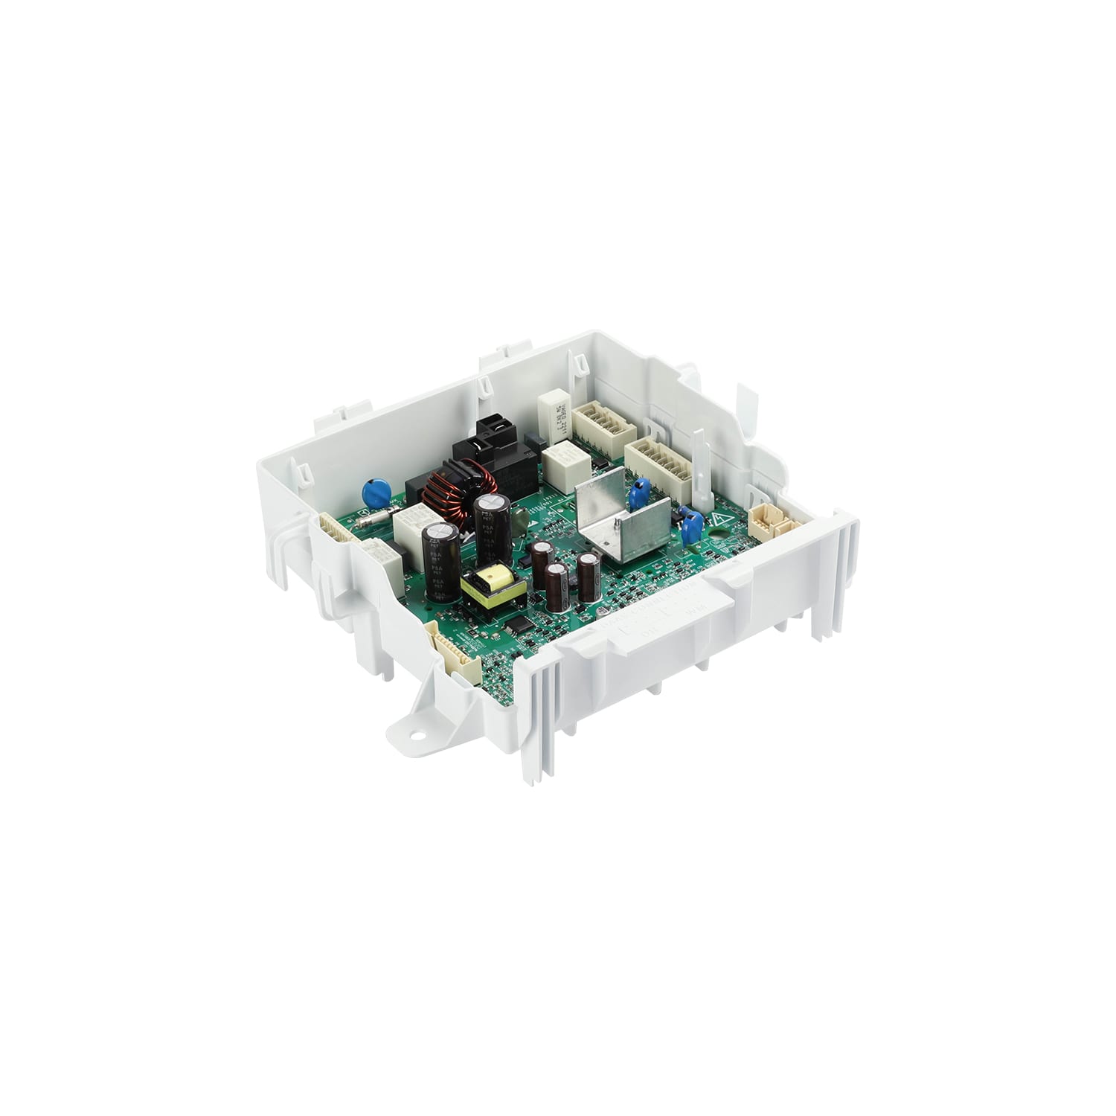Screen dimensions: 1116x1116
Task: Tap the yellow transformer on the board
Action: [493, 586]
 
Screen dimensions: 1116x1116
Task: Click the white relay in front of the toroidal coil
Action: [401, 526]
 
